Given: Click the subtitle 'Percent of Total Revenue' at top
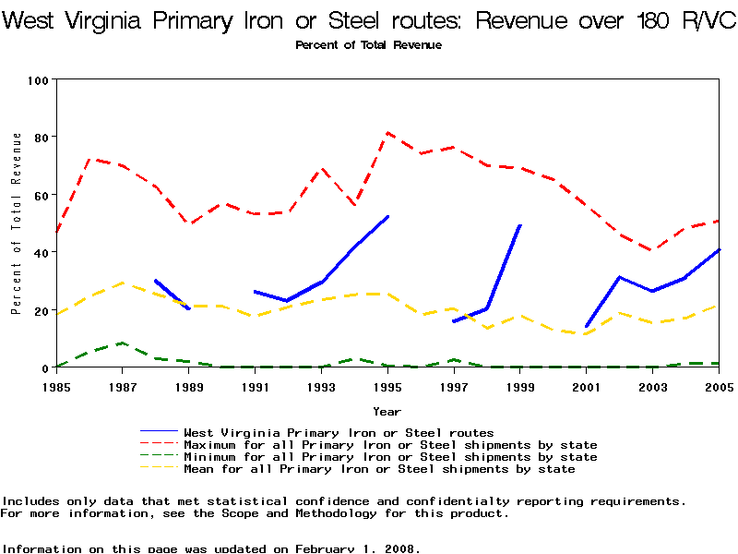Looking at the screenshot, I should tap(369, 44).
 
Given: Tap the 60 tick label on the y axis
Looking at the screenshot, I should tap(40, 195).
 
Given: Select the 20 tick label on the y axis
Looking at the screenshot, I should tap(40, 310).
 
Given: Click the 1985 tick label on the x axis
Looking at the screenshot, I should tap(56, 386).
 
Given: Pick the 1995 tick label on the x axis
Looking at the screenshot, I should tap(387, 386).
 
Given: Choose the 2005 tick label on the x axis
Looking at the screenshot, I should tap(719, 386).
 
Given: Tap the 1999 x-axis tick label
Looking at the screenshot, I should tap(520, 386).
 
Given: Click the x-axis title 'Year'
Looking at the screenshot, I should tap(387, 411).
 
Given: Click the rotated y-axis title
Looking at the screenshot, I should tap(17, 223).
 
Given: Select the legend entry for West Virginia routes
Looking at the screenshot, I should tap(339, 432).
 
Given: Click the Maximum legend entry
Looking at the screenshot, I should tap(390, 445).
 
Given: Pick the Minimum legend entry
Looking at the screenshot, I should tap(390, 457).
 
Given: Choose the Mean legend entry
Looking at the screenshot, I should tap(379, 469).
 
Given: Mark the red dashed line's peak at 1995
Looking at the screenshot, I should tap(387, 133).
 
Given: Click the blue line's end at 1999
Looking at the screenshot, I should tap(520, 225).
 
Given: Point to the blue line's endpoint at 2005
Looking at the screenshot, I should tap(719, 249).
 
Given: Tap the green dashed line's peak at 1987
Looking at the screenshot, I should tap(123, 343).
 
